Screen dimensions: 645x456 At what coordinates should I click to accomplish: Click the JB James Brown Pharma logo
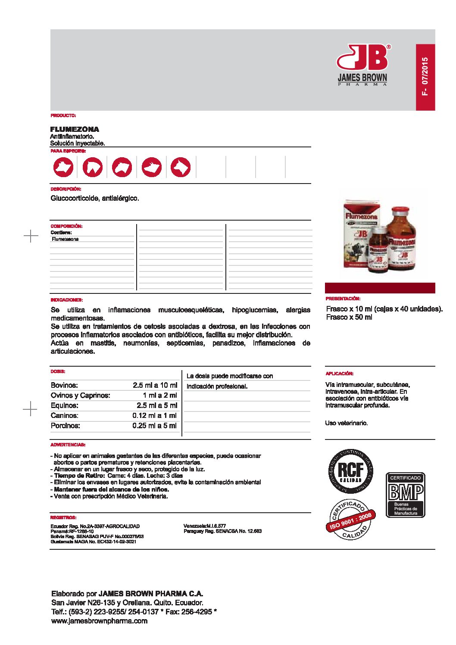362,65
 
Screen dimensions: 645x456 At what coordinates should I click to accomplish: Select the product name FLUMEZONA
75,129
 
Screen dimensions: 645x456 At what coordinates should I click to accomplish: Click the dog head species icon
181,167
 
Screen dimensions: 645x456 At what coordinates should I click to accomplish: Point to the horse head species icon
93,167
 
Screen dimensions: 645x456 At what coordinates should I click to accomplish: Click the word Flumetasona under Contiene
65,239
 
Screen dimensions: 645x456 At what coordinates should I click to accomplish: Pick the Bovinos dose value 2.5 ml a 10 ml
155,385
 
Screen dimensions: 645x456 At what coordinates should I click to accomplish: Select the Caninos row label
64,415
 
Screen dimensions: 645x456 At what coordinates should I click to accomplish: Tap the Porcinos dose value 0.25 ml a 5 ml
154,426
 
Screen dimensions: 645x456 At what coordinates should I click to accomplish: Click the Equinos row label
64,405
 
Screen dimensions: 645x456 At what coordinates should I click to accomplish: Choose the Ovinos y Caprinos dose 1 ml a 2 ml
159,395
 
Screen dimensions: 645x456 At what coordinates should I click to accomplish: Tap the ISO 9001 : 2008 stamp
350,520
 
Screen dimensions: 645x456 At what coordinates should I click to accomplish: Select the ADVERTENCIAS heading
68,445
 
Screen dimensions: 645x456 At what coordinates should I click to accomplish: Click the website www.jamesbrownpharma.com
99,621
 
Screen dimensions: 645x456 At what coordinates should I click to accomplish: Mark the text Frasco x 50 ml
349,317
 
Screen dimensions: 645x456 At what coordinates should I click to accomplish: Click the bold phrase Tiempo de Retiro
79,476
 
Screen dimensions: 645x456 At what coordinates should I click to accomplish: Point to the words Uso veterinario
346,423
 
